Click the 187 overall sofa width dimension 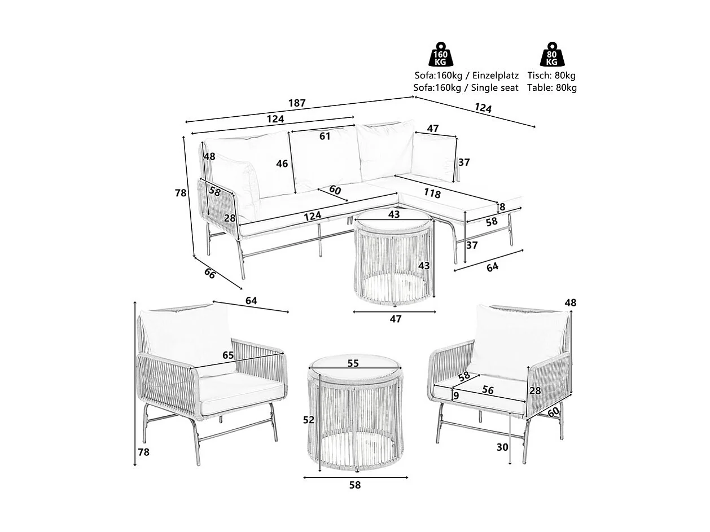coord(297,103)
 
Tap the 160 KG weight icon coord(441,55)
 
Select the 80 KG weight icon coord(551,55)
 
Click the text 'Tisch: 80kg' coord(551,76)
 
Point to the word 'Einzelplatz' coord(495,76)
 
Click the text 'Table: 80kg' coord(551,88)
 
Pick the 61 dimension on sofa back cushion coord(325,136)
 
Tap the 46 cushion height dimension coord(282,164)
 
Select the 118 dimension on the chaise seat coord(432,193)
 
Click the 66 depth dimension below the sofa coord(210,274)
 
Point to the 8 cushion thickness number coord(502,207)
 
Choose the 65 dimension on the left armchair coord(228,355)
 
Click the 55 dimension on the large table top coord(353,364)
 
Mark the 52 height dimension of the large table coord(309,420)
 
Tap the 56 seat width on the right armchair coord(488,390)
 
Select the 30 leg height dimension coord(502,447)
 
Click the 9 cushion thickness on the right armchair coord(455,395)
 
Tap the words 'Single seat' coord(495,88)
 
